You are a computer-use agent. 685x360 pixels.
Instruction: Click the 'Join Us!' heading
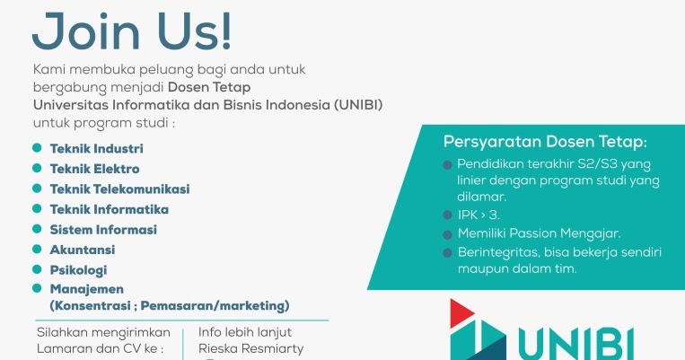tap(132, 30)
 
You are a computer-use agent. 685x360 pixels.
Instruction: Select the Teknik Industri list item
tap(97, 148)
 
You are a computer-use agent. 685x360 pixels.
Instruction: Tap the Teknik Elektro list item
tap(95, 168)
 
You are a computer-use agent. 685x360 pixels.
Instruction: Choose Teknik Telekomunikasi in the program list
tap(119, 189)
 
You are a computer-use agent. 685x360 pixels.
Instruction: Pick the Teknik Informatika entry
tap(110, 209)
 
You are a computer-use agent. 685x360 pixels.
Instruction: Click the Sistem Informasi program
tap(103, 229)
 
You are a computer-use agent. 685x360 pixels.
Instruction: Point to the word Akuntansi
tap(83, 250)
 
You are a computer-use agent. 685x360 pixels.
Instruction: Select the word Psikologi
tap(79, 269)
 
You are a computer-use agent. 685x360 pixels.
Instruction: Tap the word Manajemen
tap(87, 289)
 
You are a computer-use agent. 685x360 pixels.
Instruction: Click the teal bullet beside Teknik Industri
tap(37, 148)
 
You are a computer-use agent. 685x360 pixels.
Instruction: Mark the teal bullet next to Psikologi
tap(37, 269)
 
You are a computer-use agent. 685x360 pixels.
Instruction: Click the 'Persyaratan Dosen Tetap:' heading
tap(545, 143)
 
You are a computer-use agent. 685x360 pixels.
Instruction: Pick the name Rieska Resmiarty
tap(250, 348)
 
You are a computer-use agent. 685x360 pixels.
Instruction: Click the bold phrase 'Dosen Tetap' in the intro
tap(215, 86)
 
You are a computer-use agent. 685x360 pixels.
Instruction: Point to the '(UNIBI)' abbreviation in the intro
tap(357, 104)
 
